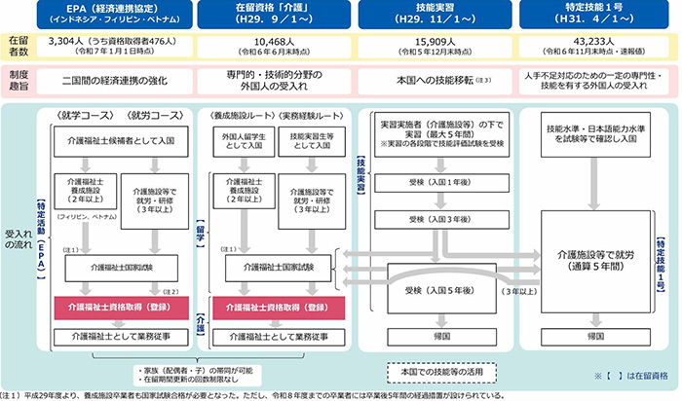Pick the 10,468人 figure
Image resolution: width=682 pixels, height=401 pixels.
pos(274,42)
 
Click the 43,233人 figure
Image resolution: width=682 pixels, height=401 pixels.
pos(593,42)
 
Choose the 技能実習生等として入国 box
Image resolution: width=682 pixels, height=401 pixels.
pos(311,142)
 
